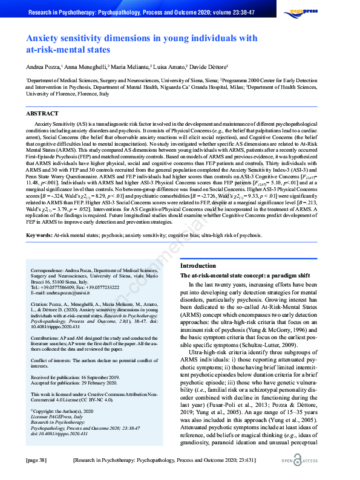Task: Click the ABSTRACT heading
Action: tap(42, 113)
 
